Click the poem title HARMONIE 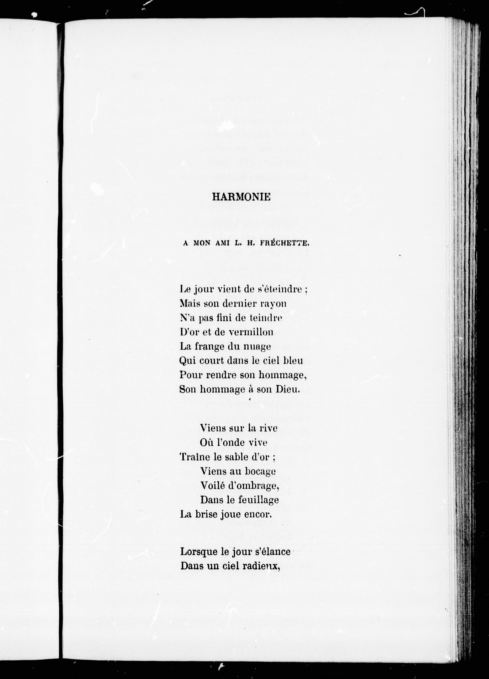pos(241,197)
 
